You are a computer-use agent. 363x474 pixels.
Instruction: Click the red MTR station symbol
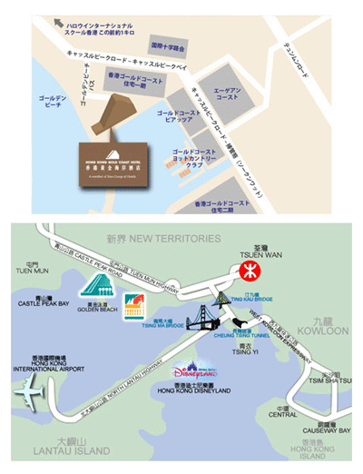tap(250, 271)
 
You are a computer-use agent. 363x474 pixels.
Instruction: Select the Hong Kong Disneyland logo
tap(195, 370)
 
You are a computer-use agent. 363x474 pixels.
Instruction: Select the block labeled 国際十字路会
tap(167, 44)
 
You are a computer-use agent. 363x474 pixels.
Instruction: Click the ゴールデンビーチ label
tap(45, 100)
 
